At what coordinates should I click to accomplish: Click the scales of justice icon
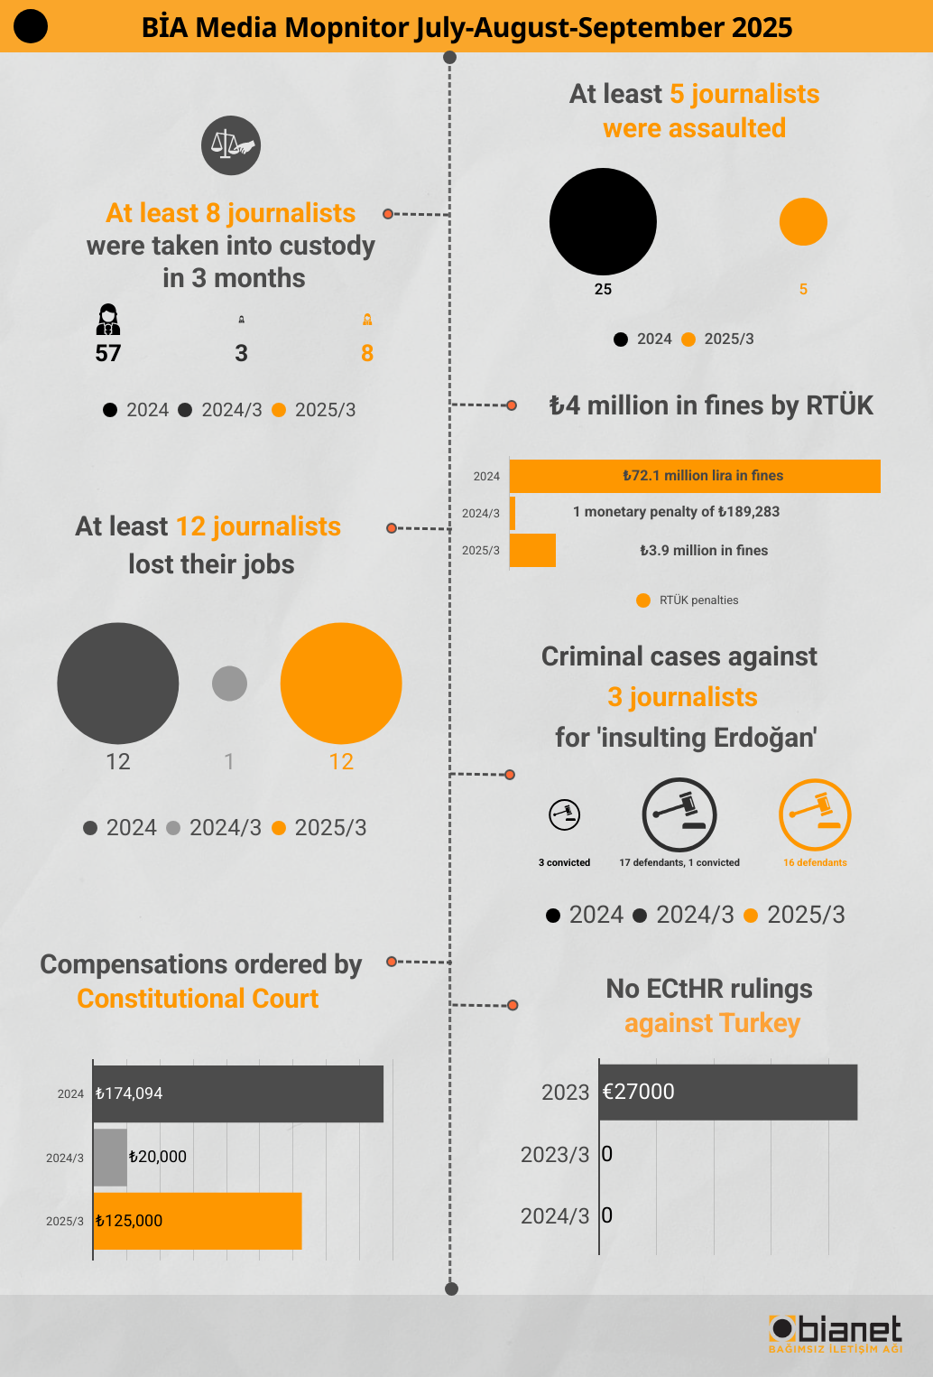point(231,145)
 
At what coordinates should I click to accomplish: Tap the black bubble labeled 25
point(603,221)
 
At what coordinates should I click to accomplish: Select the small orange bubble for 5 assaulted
point(803,221)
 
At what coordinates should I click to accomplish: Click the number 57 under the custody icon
point(108,353)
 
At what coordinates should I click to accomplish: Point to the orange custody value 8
point(367,353)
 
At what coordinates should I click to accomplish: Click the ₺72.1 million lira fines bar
point(695,476)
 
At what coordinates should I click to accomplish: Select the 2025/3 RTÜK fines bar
point(533,550)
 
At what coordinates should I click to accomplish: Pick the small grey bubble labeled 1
point(229,684)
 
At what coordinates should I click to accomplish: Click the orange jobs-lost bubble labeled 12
point(341,684)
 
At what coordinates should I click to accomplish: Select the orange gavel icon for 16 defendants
point(815,814)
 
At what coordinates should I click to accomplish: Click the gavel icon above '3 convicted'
point(565,814)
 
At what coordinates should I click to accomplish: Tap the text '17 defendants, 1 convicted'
point(679,862)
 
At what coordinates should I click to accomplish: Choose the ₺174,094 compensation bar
point(238,1093)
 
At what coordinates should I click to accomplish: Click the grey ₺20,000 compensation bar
point(110,1157)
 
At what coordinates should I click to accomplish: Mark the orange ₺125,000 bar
point(198,1221)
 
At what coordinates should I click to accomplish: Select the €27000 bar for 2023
point(729,1092)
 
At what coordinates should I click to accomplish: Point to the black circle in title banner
point(31,26)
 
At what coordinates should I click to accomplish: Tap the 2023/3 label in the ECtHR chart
point(555,1155)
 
